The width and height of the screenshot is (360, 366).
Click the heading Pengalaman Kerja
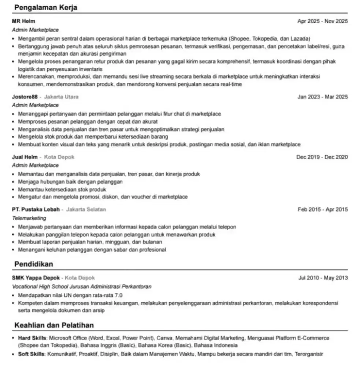click(x=46, y=8)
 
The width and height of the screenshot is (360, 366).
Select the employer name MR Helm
click(x=24, y=21)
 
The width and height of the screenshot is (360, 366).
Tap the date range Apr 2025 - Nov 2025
click(x=323, y=21)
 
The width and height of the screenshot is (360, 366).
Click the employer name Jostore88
click(x=25, y=97)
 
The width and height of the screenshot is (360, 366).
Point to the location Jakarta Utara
click(x=61, y=97)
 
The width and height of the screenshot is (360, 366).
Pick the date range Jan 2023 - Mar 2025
click(x=323, y=97)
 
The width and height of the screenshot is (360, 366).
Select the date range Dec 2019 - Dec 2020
click(x=322, y=157)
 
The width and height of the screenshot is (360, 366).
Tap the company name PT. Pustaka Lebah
click(x=36, y=209)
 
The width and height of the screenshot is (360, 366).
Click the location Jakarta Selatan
click(x=86, y=209)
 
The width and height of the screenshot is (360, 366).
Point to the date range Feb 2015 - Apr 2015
click(x=323, y=209)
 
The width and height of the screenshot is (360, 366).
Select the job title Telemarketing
click(x=29, y=218)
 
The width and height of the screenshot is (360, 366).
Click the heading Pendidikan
click(x=34, y=264)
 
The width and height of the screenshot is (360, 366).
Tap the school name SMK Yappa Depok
click(x=36, y=278)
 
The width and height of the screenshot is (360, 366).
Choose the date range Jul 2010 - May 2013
click(x=323, y=278)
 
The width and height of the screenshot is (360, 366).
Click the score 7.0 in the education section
click(x=119, y=295)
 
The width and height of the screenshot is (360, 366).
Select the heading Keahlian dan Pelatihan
click(x=54, y=325)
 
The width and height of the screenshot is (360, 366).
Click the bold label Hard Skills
click(x=32, y=338)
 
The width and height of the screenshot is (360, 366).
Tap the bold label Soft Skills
click(x=31, y=354)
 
